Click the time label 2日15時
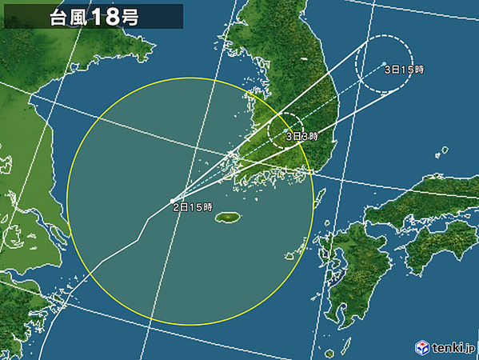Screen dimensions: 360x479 click(193, 208)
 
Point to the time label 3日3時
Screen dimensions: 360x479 click(302, 137)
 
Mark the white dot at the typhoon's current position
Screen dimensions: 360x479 click(172, 201)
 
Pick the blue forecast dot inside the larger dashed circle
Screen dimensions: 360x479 click(384, 63)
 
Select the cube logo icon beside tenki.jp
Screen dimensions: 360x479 click(421, 348)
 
